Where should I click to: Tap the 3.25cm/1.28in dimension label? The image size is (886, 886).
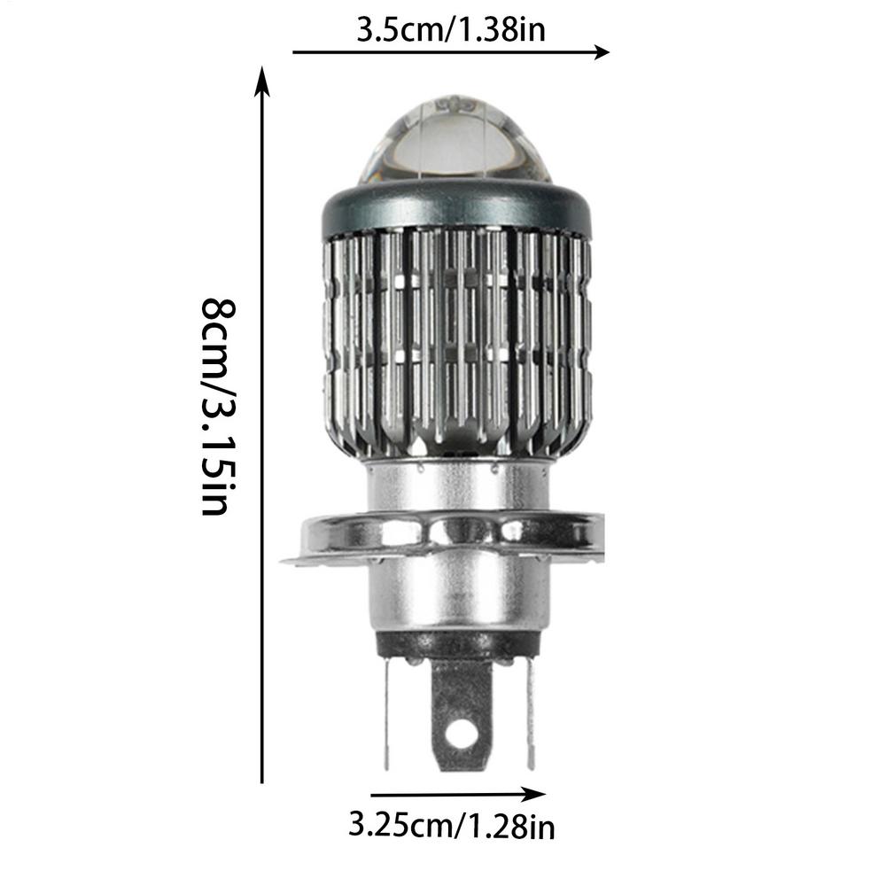click(452, 828)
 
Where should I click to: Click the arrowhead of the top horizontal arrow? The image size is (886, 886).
click(603, 52)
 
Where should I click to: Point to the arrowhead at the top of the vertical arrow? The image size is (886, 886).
click(262, 78)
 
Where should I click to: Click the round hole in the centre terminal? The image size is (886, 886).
click(460, 732)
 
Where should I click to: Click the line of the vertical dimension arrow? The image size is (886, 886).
click(262, 443)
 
